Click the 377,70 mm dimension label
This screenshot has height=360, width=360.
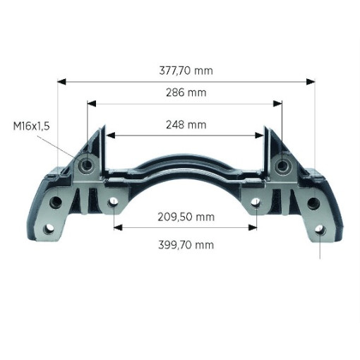(186, 71)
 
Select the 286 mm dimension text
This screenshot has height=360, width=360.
(186, 92)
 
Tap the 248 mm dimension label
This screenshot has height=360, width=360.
(186, 125)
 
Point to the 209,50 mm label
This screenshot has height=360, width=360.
(186, 217)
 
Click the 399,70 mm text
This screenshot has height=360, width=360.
(186, 245)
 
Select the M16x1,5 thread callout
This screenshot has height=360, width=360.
(31, 126)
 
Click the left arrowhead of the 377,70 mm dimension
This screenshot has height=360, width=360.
(61, 82)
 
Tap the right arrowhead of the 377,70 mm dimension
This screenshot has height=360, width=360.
(311, 82)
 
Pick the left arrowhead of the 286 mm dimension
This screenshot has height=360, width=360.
(92, 104)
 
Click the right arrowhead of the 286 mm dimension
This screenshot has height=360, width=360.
(277, 104)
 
